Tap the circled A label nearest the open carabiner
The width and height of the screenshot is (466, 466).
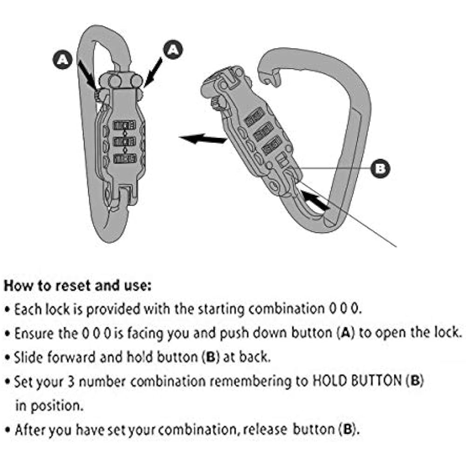(x=173, y=49)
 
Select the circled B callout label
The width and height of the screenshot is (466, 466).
(x=380, y=168)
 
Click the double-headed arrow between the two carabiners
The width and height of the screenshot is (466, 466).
(x=203, y=138)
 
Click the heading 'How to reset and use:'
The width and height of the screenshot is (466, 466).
(x=77, y=285)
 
